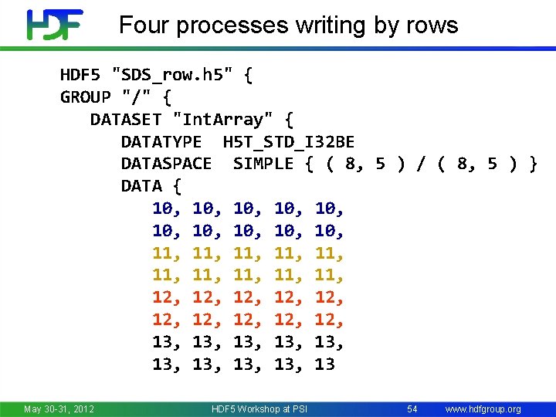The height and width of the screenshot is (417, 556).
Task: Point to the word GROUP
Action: [86, 98]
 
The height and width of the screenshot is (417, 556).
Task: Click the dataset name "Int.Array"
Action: [223, 120]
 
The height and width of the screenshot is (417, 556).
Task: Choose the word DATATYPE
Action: [161, 142]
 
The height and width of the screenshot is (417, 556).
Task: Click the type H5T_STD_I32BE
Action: [288, 142]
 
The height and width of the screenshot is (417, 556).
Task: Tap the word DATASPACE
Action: [166, 164]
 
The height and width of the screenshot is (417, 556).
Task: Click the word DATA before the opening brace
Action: [141, 186]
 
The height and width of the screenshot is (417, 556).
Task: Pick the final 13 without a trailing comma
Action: [324, 364]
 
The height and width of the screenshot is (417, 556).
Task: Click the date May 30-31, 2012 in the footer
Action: [59, 409]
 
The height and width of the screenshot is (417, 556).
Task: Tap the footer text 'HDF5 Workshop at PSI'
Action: [259, 409]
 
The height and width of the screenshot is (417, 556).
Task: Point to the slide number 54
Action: [412, 409]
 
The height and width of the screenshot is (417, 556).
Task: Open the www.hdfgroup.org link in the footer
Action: [483, 409]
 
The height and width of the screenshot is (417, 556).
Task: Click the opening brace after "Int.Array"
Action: [288, 120]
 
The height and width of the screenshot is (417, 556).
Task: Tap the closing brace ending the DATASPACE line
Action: [532, 164]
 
